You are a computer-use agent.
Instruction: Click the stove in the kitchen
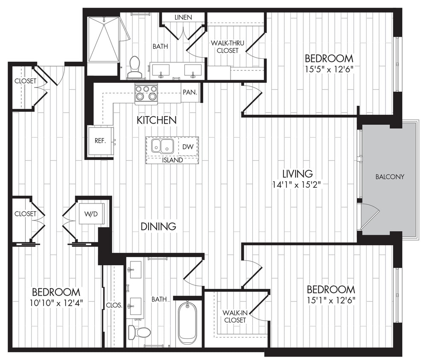pyautogui.click(x=146, y=93)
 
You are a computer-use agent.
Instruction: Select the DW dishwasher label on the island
pyautogui.click(x=188, y=146)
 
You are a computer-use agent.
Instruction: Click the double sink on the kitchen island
pyautogui.click(x=162, y=146)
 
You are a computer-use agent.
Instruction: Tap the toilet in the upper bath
pyautogui.click(x=135, y=68)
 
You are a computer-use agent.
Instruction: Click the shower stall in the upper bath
pyautogui.click(x=103, y=39)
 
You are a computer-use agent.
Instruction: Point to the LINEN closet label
pyautogui.click(x=183, y=17)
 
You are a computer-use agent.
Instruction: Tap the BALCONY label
pyautogui.click(x=389, y=177)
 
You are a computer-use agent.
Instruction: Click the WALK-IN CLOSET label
pyautogui.click(x=234, y=316)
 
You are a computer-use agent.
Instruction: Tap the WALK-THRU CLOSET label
pyautogui.click(x=225, y=47)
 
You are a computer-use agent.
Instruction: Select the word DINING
pyautogui.click(x=158, y=226)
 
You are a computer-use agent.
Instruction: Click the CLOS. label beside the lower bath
pyautogui.click(x=114, y=305)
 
